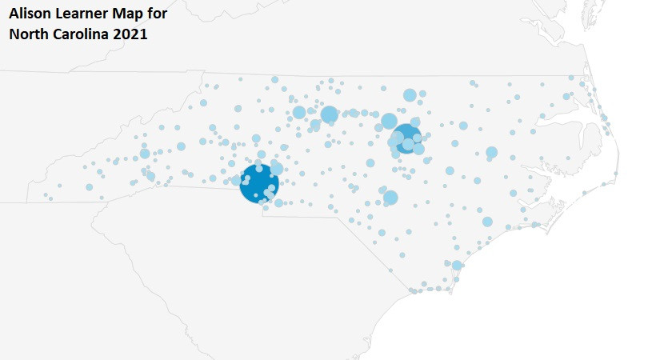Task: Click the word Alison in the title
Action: (x=30, y=14)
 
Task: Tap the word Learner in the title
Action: (x=83, y=14)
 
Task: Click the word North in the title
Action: (x=29, y=35)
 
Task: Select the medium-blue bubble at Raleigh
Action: (x=407, y=138)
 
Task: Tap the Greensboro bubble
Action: (x=329, y=114)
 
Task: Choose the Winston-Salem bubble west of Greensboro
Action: (x=299, y=112)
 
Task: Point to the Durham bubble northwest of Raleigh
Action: (x=390, y=121)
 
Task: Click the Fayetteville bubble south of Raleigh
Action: (x=390, y=197)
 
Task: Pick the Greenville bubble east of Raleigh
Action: (x=491, y=152)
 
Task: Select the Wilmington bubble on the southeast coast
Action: (x=457, y=265)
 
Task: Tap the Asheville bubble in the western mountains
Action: (x=145, y=154)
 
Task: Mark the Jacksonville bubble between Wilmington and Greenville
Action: (x=487, y=222)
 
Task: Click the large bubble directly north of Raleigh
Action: (x=410, y=95)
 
